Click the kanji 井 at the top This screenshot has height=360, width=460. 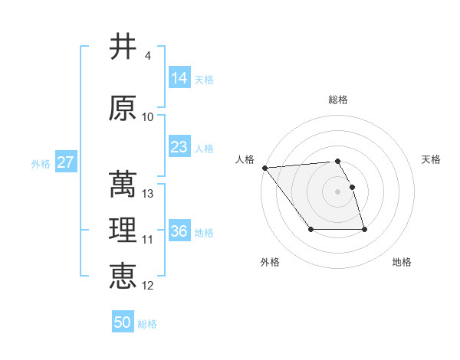(123, 47)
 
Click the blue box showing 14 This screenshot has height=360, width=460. (179, 78)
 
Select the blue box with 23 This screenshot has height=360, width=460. (179, 147)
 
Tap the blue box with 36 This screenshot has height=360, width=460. (179, 231)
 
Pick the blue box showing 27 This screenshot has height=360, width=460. (65, 162)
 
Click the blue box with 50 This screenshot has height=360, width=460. (123, 322)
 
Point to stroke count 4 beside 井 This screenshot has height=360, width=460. (147, 56)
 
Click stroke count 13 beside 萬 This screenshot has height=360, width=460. (148, 194)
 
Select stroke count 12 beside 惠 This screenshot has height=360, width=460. (148, 286)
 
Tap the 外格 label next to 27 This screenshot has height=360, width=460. (40, 163)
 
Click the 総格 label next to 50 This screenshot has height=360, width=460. (147, 324)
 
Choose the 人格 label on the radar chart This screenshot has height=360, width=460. (245, 159)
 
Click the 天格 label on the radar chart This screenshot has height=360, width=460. (432, 159)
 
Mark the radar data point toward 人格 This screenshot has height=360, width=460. (264, 168)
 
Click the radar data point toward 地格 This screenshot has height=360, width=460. (364, 230)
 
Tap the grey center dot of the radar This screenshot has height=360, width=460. (337, 191)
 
